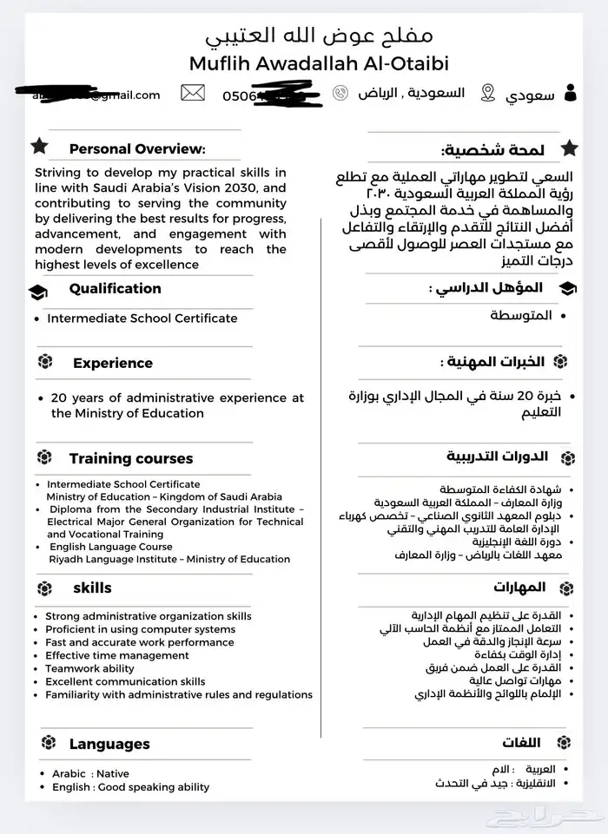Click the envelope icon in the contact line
(x=193, y=93)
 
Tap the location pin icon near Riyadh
(x=488, y=93)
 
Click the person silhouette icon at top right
(x=570, y=93)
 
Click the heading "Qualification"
(x=115, y=288)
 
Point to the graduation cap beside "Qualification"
(x=38, y=291)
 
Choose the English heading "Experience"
(x=112, y=363)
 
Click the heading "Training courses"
(x=131, y=457)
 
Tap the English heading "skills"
(x=92, y=588)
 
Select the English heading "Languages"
(x=109, y=744)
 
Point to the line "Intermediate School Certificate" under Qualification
(x=142, y=318)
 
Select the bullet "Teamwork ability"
(x=89, y=668)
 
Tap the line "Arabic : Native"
(x=90, y=773)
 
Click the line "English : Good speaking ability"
(x=130, y=787)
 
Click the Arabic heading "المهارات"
(x=519, y=588)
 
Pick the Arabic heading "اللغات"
(x=521, y=742)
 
